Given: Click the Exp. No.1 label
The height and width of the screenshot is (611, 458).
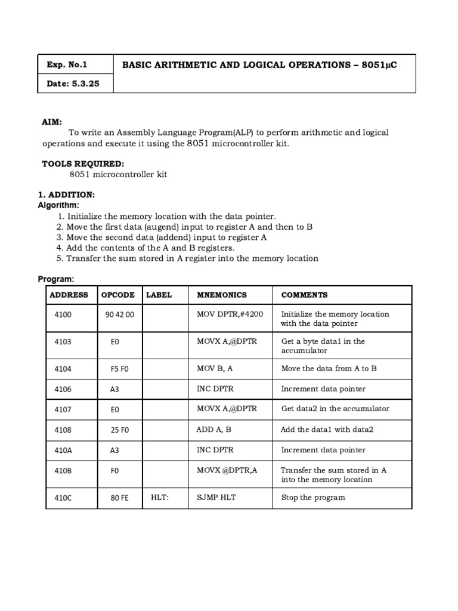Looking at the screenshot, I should [67, 64].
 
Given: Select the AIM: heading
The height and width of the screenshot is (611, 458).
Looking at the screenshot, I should [52, 122].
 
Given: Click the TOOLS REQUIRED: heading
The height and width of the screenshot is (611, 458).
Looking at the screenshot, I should [83, 163].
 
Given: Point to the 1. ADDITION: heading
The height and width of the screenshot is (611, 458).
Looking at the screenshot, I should [66, 195].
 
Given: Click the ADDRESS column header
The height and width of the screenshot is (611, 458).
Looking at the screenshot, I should [69, 295].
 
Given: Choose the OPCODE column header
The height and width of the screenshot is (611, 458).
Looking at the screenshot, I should [118, 295].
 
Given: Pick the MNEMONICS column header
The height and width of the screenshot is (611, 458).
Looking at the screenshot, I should [221, 295].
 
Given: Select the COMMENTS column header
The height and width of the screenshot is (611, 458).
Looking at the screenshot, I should [304, 295].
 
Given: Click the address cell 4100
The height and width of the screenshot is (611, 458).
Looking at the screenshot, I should [63, 314].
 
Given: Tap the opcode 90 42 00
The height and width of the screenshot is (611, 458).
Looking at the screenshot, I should [119, 314].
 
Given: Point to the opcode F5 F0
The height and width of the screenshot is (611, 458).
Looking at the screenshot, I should [119, 369].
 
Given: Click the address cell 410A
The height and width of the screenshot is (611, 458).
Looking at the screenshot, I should [63, 450].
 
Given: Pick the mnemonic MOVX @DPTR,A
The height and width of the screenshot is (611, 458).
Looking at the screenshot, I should [227, 470].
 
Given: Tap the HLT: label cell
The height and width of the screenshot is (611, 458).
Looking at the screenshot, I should [160, 497].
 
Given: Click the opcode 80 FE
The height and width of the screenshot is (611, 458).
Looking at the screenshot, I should [119, 498].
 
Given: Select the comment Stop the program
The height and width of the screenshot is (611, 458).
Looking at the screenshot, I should [313, 497].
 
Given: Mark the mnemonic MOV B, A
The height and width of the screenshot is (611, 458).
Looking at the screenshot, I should [215, 368].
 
